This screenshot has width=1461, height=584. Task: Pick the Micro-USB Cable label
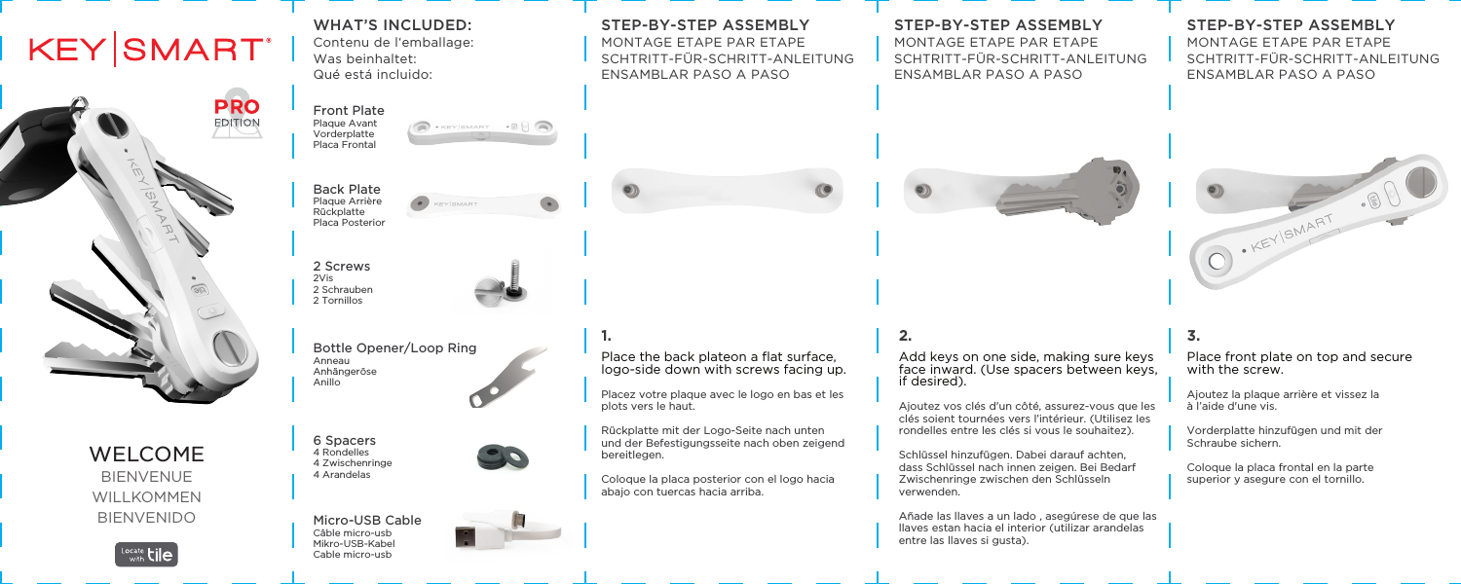coord(366,522)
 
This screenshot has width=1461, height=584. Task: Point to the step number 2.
coord(904,336)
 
